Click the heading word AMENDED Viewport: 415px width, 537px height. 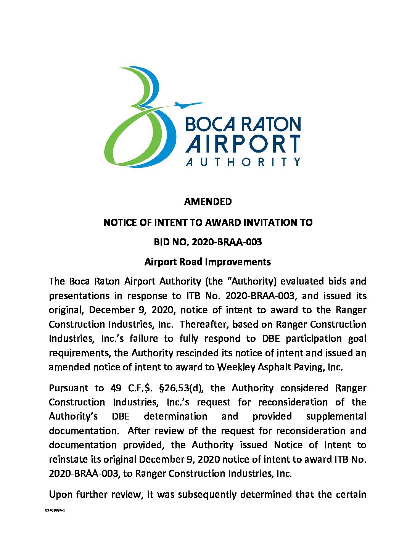[x=207, y=202]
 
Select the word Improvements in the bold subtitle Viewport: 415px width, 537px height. [x=238, y=262]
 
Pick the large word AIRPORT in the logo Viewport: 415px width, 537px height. [x=243, y=145]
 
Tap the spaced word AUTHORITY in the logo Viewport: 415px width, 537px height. [x=243, y=162]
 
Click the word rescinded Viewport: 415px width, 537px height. [x=198, y=353]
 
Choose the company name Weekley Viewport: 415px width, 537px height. [x=236, y=367]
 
